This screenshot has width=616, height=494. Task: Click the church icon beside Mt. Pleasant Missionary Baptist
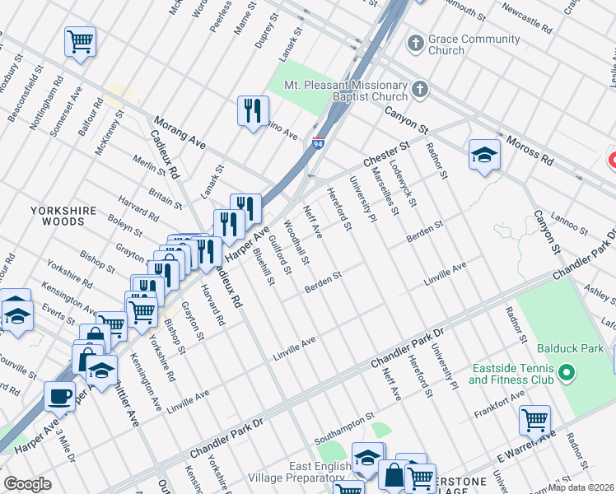pyautogui.click(x=420, y=90)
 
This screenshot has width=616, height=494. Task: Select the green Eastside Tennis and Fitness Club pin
pyautogui.click(x=566, y=374)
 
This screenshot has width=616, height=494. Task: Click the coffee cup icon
pyautogui.click(x=58, y=396)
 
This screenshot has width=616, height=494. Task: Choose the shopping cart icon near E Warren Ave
pyautogui.click(x=534, y=421)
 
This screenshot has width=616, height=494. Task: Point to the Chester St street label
pyautogui.click(x=386, y=153)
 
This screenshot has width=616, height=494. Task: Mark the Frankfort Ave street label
pyautogui.click(x=498, y=401)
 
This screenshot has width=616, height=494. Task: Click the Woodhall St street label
pyautogui.click(x=296, y=242)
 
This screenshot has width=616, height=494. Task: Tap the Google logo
pyautogui.click(x=27, y=484)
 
